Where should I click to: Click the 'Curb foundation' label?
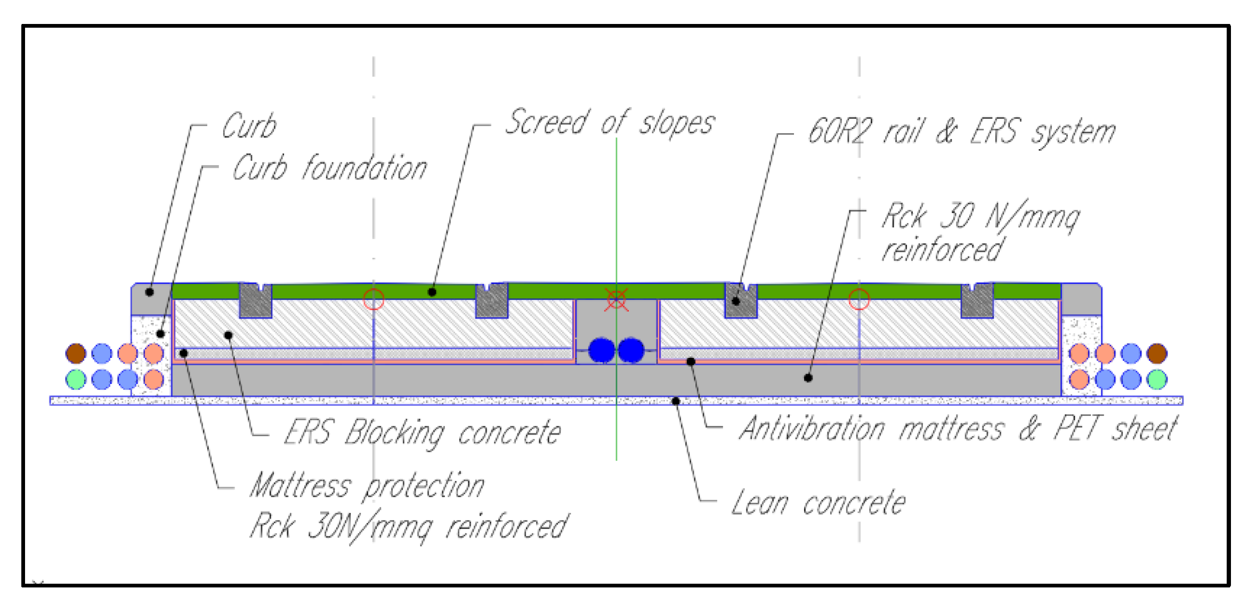click(330, 168)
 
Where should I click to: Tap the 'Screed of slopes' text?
click(609, 123)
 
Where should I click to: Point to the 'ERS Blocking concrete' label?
click(422, 432)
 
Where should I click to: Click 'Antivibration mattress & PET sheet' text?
click(958, 429)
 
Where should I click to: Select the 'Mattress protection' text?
click(367, 486)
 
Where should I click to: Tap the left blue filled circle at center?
click(602, 350)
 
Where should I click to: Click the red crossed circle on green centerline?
click(617, 299)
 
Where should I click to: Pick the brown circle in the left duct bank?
click(76, 353)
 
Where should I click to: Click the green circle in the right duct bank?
click(1157, 380)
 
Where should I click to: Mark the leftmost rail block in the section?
click(256, 301)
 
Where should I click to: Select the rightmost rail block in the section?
click(977, 301)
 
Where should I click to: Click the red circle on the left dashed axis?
click(374, 299)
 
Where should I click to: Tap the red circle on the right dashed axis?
click(859, 299)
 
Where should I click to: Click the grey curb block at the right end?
click(1081, 299)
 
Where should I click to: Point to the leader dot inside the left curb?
click(150, 292)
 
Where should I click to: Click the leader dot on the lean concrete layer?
click(676, 401)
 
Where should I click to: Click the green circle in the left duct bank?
click(76, 380)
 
